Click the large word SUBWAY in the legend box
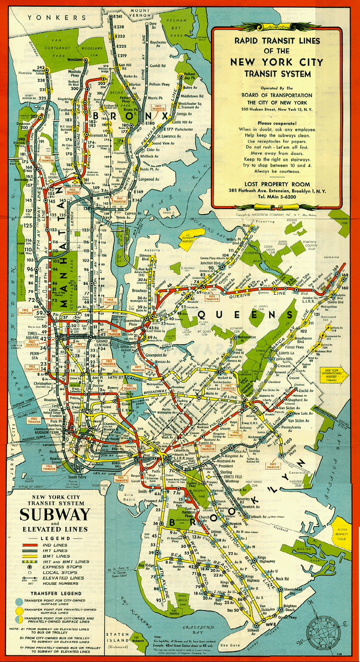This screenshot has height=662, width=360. click(x=55, y=515)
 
